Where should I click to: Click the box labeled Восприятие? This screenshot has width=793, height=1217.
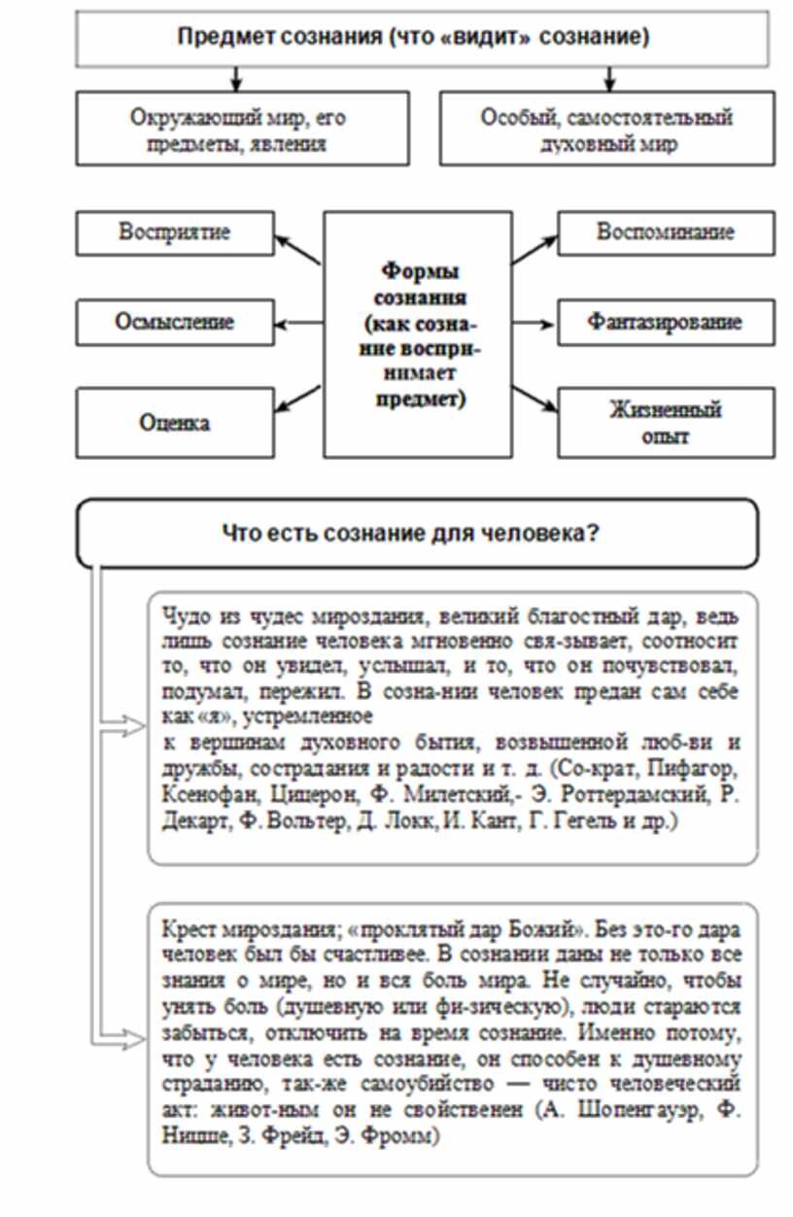pos(174,233)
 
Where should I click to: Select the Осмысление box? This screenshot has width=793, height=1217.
pos(176,321)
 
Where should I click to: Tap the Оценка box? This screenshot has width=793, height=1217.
pos(176,424)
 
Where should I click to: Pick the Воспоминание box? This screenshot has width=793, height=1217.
pos(666,233)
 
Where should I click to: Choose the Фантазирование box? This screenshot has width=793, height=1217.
pos(666,321)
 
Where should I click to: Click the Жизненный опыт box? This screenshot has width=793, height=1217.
pos(666,422)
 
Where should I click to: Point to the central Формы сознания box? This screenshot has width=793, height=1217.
pos(419,335)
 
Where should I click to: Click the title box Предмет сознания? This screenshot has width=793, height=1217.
pos(413,38)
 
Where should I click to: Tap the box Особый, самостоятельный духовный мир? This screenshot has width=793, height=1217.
pos(607,130)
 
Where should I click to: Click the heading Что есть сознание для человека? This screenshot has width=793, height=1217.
pos(417,533)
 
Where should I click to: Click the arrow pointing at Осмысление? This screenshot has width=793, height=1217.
pos(297,322)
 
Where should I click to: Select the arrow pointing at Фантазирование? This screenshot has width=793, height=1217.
pos(534,322)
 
